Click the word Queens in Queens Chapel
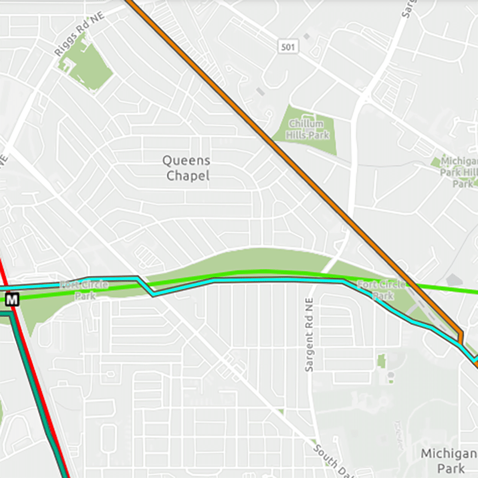click(x=186, y=161)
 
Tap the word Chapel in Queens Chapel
click(x=188, y=176)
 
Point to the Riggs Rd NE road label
click(x=79, y=35)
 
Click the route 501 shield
click(x=289, y=46)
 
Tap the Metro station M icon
click(x=13, y=298)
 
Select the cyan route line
click(x=269, y=279)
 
